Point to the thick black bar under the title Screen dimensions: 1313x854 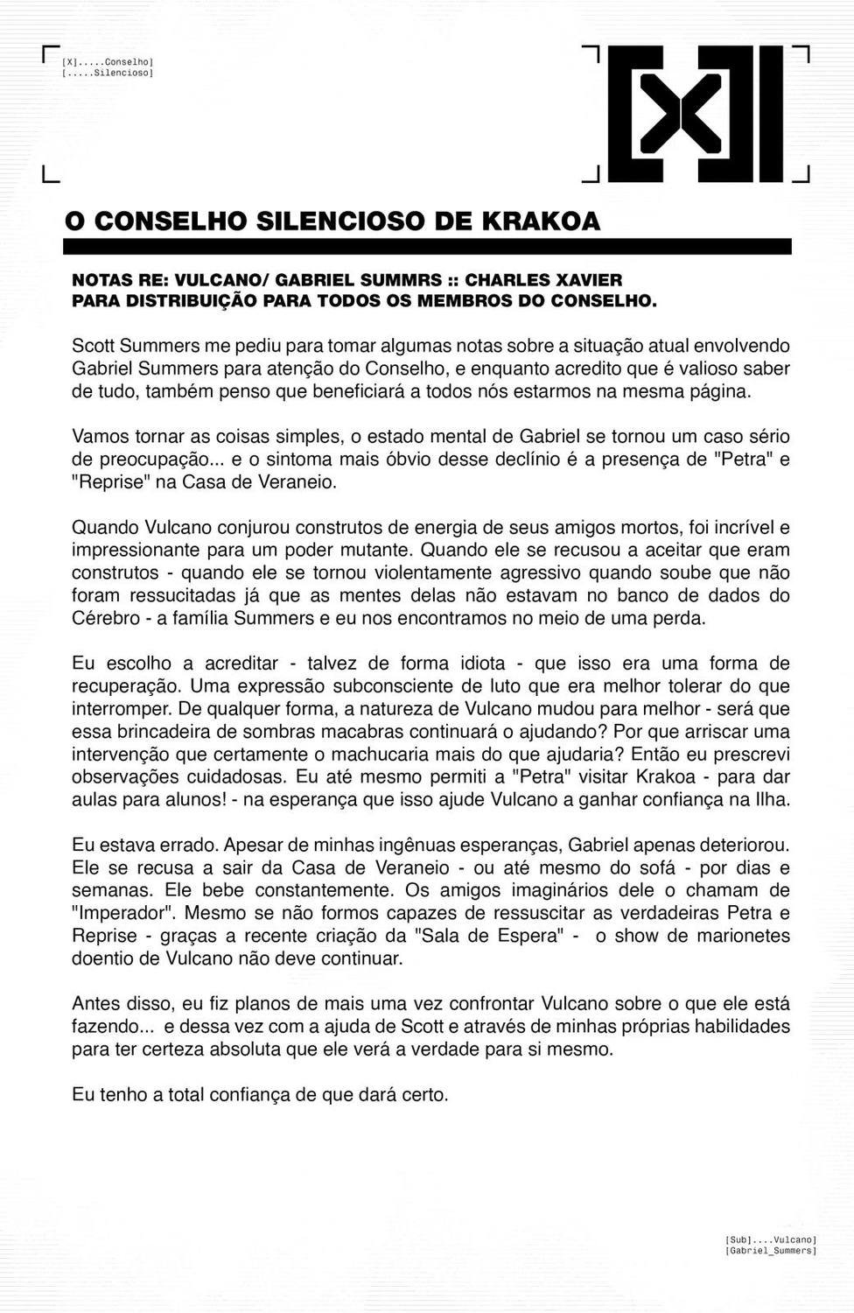(428, 247)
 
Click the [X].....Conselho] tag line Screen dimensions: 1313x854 (108, 62)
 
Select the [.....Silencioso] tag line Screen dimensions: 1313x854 (108, 74)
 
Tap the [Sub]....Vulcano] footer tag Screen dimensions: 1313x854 (770, 1239)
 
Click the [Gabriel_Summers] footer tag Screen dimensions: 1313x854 (770, 1251)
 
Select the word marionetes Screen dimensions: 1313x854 (740, 936)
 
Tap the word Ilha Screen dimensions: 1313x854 (770, 799)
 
